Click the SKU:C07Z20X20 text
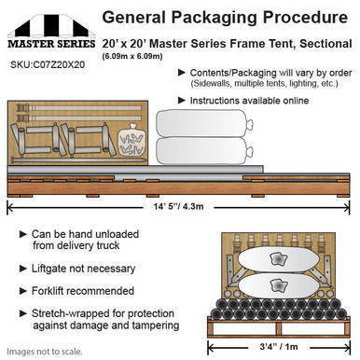48,64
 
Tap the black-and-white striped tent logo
48,26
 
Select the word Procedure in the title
305,17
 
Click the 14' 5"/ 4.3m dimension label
178,206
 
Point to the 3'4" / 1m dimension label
279,346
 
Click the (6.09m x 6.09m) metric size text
132,56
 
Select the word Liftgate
49,269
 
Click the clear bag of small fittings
132,140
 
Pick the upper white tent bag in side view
204,124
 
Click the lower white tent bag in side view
204,151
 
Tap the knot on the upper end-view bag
278,258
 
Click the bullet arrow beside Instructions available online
182,101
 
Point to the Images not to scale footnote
45,352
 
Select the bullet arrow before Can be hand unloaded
23,234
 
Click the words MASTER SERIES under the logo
51,44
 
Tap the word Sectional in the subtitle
325,44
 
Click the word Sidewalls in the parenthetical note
212,84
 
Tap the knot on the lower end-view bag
278,285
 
